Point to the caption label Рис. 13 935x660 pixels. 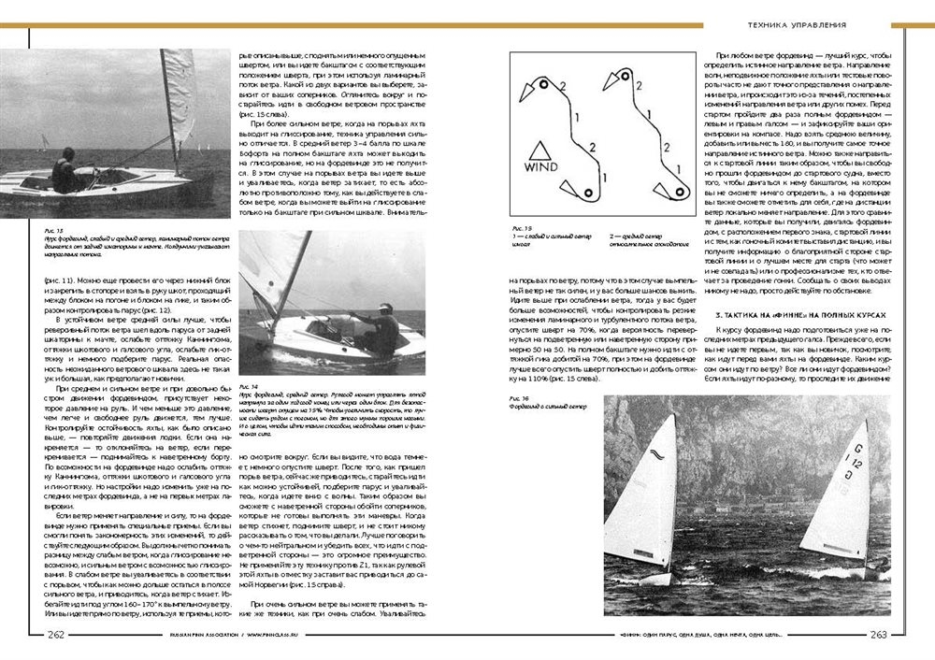click(x=53, y=229)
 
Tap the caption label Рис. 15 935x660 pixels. click(x=521, y=228)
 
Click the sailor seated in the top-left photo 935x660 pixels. click(x=65, y=173)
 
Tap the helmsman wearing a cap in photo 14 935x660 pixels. click(x=381, y=323)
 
